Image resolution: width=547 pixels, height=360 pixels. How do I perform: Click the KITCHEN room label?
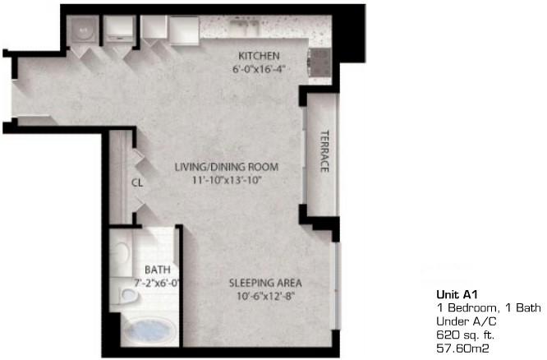(259, 56)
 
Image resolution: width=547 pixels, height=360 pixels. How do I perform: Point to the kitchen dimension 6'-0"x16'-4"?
(257, 69)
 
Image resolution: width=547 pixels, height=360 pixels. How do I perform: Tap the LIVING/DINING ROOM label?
(227, 167)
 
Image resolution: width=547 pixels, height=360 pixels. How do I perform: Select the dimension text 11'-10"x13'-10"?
(228, 181)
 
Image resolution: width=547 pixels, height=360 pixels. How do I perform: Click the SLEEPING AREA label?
(265, 283)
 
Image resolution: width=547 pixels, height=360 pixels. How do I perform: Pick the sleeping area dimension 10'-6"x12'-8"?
(266, 297)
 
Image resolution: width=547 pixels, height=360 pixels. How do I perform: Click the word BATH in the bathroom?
(158, 270)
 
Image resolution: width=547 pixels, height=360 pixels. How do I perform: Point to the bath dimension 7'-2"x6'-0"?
(157, 283)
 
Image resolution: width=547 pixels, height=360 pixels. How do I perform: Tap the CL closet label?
(137, 182)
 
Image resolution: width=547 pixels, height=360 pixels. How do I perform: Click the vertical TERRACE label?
(324, 151)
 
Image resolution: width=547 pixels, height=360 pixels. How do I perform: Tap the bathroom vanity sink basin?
(121, 250)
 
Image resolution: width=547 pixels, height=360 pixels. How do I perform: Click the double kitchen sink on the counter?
(245, 25)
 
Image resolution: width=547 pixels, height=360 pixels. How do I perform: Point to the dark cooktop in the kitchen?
(319, 62)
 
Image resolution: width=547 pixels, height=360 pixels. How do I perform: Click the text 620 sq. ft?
(466, 335)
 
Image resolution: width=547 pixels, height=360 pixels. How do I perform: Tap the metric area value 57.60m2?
(462, 348)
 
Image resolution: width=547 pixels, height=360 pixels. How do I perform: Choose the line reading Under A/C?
(467, 321)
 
